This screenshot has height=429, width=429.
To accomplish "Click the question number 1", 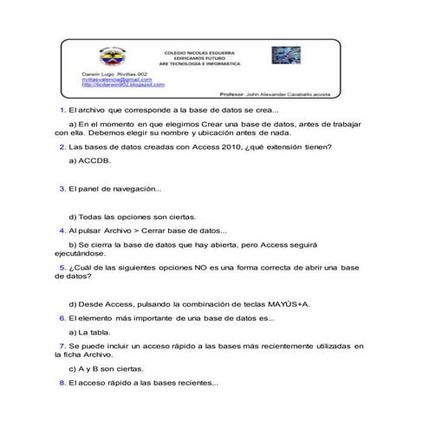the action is [x=62, y=112].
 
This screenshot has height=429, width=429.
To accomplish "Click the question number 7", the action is [x=62, y=346].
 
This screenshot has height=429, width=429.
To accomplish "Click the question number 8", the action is [x=62, y=382].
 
